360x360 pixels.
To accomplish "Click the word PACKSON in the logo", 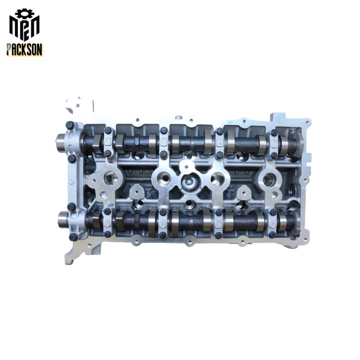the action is [x=24, y=50].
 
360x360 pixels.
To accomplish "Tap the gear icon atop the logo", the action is [x=24, y=13].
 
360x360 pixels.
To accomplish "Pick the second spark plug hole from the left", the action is [x=164, y=177].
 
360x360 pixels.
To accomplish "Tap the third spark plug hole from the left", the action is [x=217, y=178].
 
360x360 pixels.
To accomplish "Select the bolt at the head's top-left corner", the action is [x=70, y=125].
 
